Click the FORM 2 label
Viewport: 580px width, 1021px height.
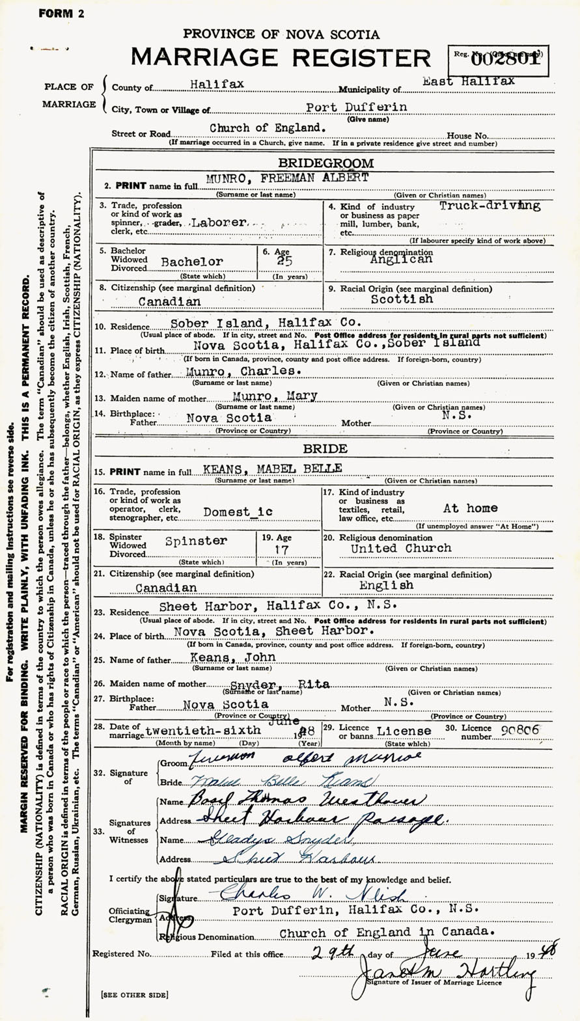pos(61,13)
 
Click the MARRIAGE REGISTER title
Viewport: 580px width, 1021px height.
pos(281,58)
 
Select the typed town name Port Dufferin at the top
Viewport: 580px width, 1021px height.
pos(357,107)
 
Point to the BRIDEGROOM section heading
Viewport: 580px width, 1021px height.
pos(326,163)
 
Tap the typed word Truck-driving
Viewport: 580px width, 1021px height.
pos(490,206)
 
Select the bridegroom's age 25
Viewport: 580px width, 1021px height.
pos(284,261)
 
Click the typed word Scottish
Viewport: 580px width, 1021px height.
pos(402,299)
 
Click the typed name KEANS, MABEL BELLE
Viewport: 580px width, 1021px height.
pos(281,469)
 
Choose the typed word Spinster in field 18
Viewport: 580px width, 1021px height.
pos(196,541)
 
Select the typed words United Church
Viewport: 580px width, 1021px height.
pos(401,549)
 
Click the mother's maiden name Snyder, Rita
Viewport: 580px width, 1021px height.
pos(280,684)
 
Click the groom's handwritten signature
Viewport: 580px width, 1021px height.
pos(303,756)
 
